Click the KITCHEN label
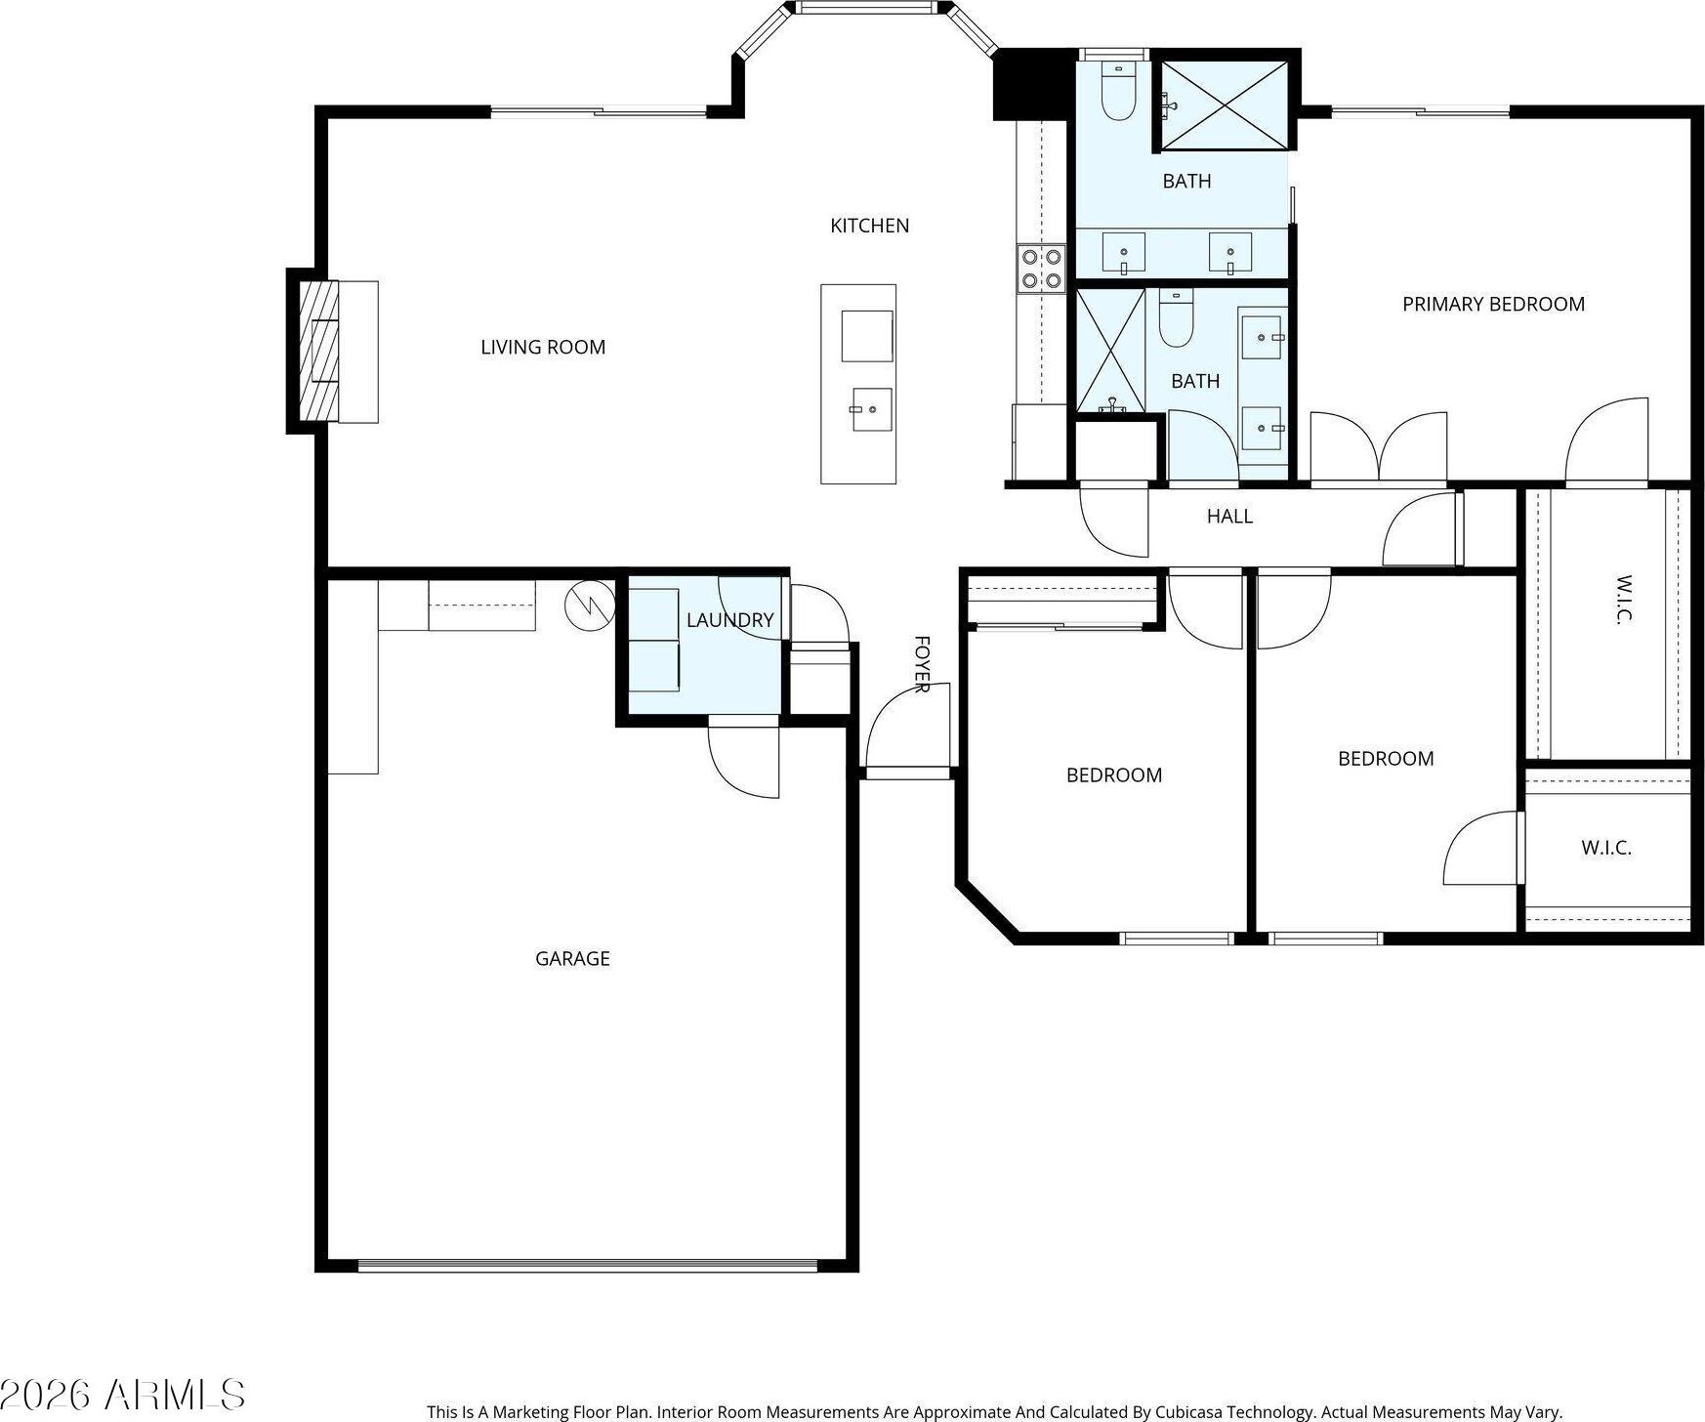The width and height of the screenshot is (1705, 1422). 869,226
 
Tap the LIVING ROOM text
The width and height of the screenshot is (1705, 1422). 543,347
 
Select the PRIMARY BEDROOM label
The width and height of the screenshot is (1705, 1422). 1493,304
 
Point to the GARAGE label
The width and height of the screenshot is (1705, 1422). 572,958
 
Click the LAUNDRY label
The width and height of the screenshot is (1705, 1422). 729,619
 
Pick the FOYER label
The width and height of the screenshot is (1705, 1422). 921,664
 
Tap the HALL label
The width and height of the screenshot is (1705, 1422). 1229,516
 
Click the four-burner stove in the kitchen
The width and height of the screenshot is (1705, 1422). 1041,269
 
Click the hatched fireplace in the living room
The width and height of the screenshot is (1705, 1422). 319,351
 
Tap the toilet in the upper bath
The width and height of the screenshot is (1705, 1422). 1118,90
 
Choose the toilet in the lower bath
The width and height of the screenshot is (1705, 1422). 1176,317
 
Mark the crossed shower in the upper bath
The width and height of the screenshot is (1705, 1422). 1225,105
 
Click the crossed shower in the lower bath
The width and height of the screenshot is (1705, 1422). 1110,350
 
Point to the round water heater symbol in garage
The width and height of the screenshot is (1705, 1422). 590,606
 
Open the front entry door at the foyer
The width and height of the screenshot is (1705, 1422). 907,726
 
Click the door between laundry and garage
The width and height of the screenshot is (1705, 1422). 743,757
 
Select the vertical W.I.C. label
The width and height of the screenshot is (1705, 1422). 1623,599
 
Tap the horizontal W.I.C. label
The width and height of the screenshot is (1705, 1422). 1606,848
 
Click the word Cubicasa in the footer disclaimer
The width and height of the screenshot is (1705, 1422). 1192,1412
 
